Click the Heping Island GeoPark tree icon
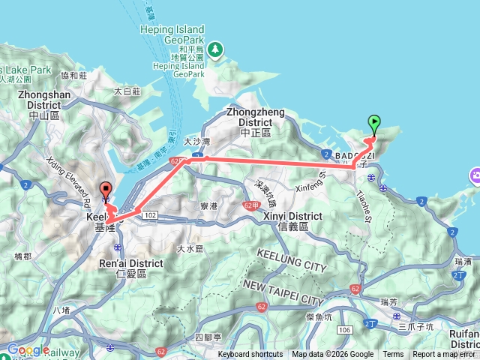point(216,49)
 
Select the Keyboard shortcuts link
point(250,355)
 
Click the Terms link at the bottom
point(393,355)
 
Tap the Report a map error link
point(444,355)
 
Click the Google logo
point(28,349)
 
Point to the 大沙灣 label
point(197,141)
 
